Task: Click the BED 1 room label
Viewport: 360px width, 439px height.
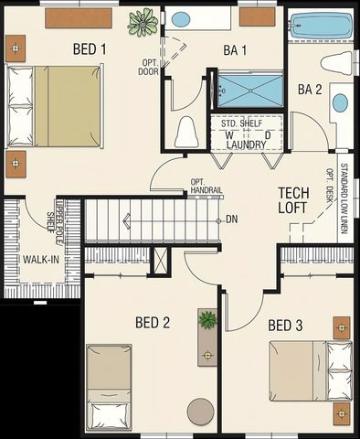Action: coord(90,48)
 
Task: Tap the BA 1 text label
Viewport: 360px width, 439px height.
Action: coord(235,50)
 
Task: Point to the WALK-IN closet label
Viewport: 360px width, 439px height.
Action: coord(41,259)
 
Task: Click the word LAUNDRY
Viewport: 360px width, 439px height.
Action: coord(247,145)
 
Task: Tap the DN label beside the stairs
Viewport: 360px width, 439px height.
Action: coord(232,219)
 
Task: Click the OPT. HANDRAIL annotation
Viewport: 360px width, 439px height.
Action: coord(206,186)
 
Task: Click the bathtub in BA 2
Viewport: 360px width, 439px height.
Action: coord(320,27)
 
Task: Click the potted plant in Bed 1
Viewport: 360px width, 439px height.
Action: coord(143,21)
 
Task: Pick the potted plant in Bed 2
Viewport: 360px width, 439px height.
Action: coord(208,319)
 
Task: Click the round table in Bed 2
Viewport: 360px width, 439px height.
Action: coord(200,412)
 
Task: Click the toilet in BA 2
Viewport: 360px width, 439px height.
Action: coord(337,63)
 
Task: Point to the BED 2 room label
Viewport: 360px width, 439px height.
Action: coord(153,322)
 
